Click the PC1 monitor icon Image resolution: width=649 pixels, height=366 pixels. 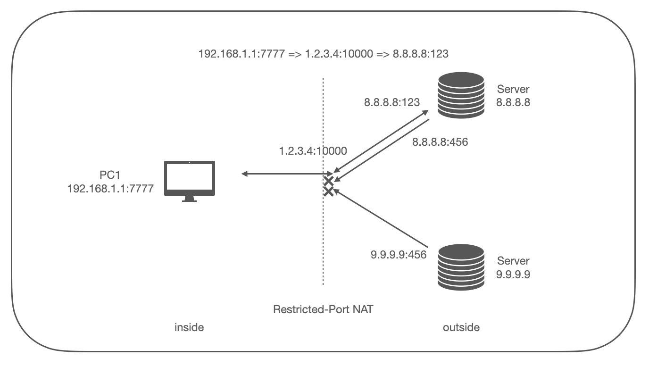[190, 181]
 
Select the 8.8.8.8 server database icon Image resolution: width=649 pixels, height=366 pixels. [461, 95]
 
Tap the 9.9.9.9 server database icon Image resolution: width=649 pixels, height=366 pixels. [461, 267]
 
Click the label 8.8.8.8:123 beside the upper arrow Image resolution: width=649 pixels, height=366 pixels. [392, 102]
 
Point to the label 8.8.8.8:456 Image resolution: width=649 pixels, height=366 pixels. [440, 142]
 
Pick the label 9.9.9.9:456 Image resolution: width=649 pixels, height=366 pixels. [399, 255]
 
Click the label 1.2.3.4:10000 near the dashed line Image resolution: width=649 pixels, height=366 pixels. [313, 151]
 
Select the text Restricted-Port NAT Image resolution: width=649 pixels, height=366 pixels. [323, 309]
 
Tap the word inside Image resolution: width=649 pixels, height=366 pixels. [189, 327]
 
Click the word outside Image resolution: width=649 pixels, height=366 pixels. [461, 327]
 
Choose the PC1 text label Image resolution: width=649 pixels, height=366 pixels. [110, 175]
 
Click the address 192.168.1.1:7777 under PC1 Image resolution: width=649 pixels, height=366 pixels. [110, 189]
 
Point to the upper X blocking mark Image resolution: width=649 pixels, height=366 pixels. [329, 182]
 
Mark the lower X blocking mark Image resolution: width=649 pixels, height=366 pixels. [329, 191]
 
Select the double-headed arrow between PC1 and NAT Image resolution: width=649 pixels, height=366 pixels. [287, 174]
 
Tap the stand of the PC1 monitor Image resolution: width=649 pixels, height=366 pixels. [189, 199]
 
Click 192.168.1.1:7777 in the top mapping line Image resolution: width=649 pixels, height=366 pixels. [241, 54]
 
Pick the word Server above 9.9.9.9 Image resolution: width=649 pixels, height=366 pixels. [513, 261]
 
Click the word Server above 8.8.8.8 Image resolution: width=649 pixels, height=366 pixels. [513, 89]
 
